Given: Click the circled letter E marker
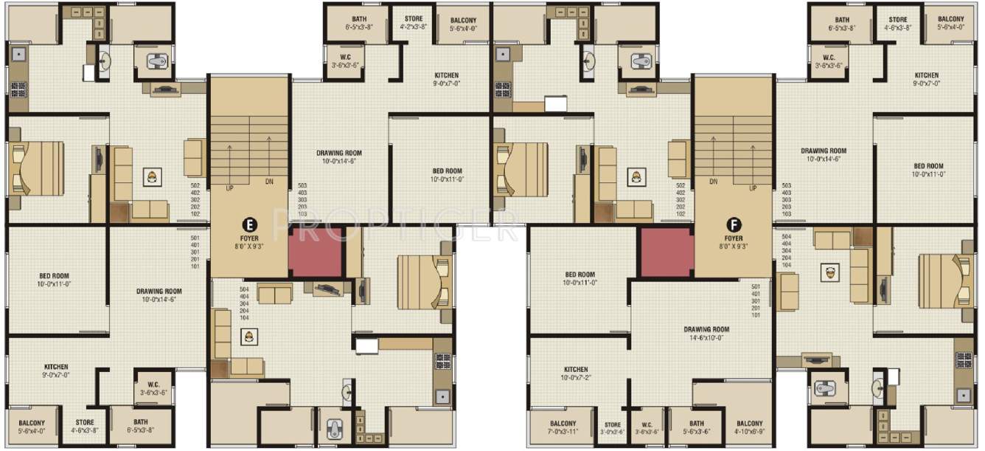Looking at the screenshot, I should click(x=249, y=223).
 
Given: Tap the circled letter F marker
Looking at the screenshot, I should click(x=733, y=223).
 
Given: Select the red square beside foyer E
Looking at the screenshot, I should click(x=316, y=252).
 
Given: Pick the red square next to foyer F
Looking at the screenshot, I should click(x=666, y=252).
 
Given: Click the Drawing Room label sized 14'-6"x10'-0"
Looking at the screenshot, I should click(x=706, y=329).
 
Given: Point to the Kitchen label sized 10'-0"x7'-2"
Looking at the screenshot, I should click(x=576, y=370).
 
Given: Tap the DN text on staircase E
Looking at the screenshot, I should click(x=271, y=182).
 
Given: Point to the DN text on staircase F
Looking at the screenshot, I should click(x=713, y=181).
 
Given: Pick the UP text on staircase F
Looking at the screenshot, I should click(x=753, y=187).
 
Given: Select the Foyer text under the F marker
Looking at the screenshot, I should click(x=733, y=238).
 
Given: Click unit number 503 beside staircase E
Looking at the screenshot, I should click(x=302, y=185).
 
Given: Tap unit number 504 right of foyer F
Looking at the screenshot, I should click(x=786, y=236).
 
